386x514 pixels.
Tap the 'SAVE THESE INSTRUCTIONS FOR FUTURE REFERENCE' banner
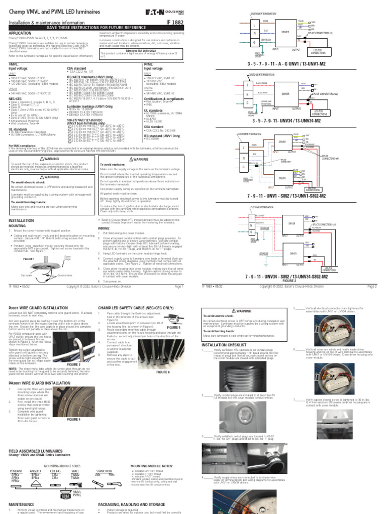click(x=96, y=28)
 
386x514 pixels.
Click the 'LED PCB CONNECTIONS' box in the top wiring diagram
click(x=318, y=51)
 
